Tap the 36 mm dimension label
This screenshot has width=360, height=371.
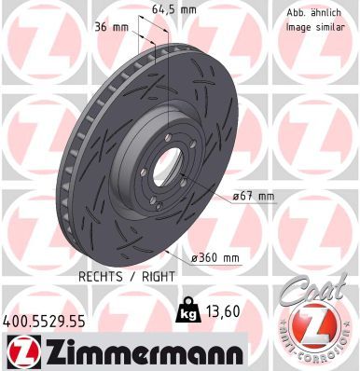pyautogui.click(x=110, y=28)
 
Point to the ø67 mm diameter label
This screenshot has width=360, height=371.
pyautogui.click(x=253, y=196)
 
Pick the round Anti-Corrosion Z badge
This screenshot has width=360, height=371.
pyautogui.click(x=316, y=331)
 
